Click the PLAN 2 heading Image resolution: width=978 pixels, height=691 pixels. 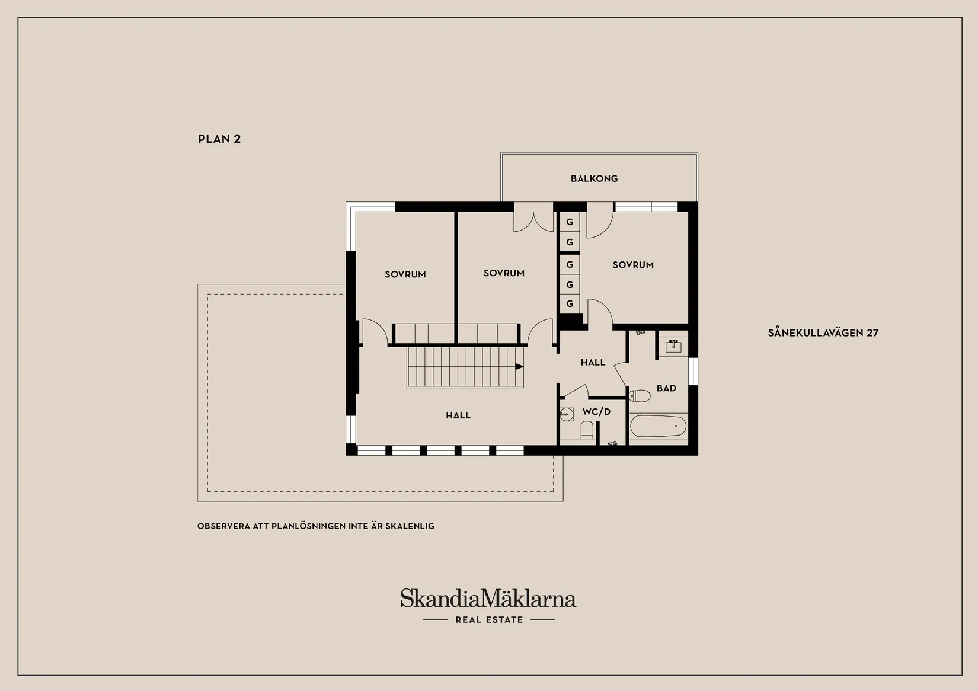coord(219,139)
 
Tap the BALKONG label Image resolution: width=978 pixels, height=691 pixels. coord(595,178)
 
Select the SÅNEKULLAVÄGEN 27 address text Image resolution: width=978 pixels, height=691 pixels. coord(823,332)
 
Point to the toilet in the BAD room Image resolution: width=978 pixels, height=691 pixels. coord(640,396)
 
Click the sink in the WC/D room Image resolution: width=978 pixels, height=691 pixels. coord(567,414)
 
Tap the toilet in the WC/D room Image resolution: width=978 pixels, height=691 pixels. coord(587,430)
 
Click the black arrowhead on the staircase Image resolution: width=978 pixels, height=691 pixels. coord(519,367)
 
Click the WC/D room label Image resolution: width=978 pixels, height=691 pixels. coord(596,412)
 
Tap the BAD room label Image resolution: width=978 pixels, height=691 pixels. coord(666,388)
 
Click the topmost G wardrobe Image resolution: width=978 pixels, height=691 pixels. coord(570,222)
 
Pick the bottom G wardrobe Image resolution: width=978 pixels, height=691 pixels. coord(570,304)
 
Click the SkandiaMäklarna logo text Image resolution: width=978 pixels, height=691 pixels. coord(488,599)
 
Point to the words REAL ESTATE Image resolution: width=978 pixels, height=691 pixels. coord(489,620)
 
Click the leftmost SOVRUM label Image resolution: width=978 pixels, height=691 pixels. coord(405,274)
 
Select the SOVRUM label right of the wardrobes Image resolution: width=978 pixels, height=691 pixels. coord(633,265)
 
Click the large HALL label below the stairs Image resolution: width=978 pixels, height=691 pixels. coord(458,415)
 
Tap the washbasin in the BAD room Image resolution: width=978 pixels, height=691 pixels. coord(673,347)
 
